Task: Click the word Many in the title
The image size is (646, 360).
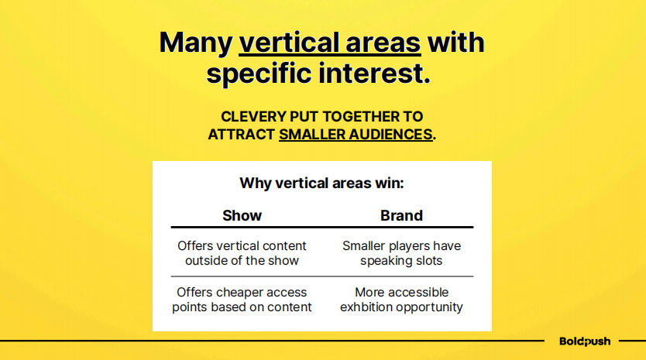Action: tap(196, 43)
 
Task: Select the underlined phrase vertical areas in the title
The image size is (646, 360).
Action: tap(330, 43)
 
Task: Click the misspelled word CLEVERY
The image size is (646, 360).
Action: tap(253, 117)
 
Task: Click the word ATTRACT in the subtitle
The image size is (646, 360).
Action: tap(241, 135)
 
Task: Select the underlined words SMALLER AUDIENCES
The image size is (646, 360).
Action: tap(356, 135)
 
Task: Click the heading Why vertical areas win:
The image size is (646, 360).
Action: tap(321, 183)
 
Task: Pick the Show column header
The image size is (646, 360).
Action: tap(242, 215)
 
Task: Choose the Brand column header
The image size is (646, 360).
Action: tap(401, 215)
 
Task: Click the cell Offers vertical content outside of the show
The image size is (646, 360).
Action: tap(242, 253)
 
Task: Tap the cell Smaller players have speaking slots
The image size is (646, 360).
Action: tap(401, 253)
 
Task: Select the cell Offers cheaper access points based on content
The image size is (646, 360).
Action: tap(242, 300)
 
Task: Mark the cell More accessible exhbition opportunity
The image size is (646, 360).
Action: tap(401, 300)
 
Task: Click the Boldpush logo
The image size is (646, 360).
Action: tap(585, 341)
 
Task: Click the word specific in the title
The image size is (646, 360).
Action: tap(259, 74)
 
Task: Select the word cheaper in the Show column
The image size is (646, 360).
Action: tap(239, 293)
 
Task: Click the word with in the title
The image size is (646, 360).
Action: tap(456, 43)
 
